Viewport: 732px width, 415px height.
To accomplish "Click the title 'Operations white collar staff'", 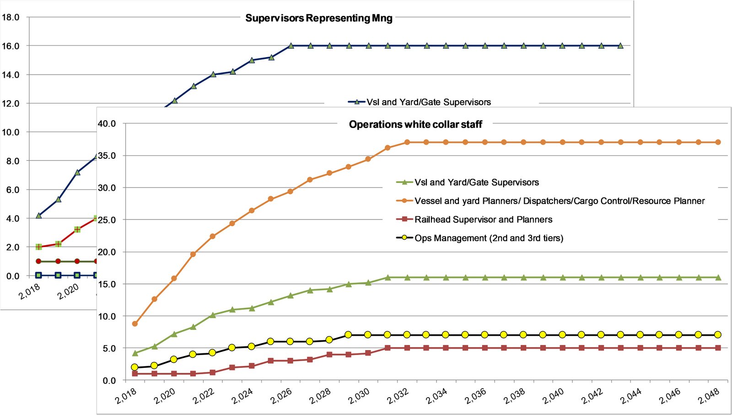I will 415,124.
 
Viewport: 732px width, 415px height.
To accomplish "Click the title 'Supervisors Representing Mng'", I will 319,18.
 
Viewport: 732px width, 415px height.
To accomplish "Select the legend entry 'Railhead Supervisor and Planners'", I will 483,220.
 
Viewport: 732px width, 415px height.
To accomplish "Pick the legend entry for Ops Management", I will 489,238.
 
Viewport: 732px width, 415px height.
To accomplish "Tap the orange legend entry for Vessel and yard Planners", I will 559,201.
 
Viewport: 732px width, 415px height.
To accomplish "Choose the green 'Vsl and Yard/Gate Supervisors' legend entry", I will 476,183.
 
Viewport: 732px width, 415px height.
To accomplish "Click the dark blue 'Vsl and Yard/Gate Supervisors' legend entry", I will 428,102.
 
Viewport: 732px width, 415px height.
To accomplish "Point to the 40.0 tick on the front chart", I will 107,124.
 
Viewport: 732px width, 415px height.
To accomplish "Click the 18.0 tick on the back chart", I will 11,17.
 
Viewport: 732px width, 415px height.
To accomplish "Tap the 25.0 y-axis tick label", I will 107,220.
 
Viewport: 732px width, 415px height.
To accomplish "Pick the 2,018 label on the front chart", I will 126,396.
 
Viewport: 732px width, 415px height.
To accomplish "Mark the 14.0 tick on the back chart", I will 11,75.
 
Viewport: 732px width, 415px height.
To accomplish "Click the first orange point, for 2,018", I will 135,323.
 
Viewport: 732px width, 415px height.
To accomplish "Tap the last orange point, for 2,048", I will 718,142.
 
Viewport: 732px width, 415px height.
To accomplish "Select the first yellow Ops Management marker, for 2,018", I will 135,367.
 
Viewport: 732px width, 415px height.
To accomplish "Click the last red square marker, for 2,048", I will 718,348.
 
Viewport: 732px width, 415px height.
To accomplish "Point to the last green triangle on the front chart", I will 718,278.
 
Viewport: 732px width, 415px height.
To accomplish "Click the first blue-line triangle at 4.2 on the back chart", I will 39,216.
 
